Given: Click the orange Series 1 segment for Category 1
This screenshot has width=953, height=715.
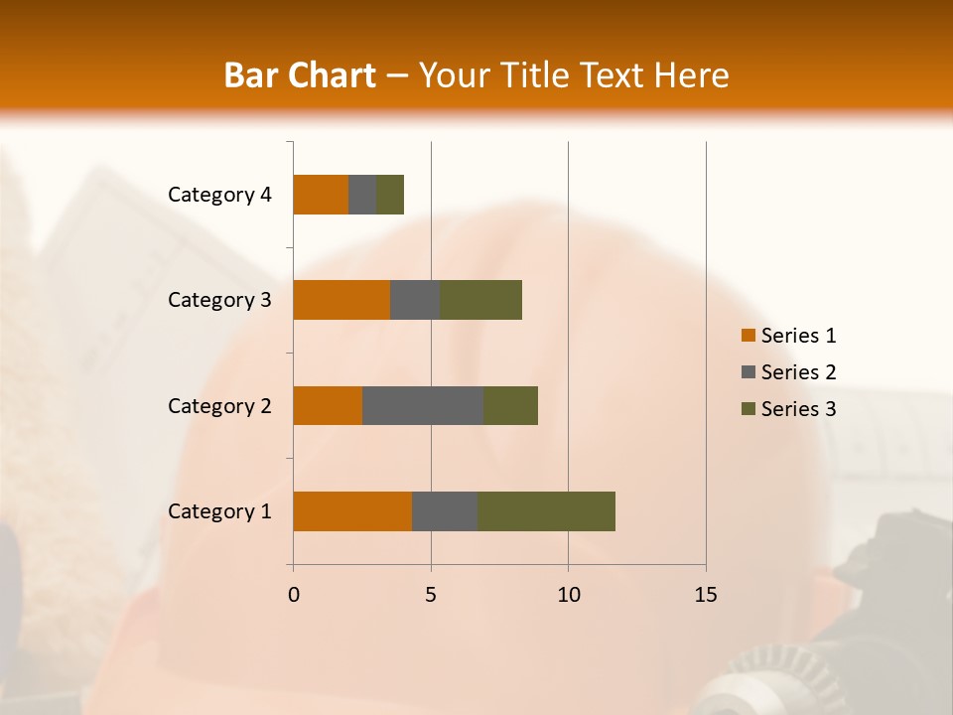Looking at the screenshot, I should point(352,511).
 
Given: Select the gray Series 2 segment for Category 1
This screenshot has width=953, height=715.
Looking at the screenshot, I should point(445,511).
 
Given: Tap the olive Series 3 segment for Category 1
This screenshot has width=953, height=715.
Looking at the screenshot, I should point(546,511).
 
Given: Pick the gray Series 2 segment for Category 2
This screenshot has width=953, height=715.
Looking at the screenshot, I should point(423,405).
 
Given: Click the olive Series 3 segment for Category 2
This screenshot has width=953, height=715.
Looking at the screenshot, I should point(510,405).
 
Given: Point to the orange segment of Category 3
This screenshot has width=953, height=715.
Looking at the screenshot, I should point(341,300).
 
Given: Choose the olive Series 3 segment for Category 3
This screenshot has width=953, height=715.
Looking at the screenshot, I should point(480,300).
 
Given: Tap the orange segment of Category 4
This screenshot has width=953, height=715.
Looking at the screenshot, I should point(321,195).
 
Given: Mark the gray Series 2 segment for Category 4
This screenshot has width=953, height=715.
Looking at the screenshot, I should point(362,195).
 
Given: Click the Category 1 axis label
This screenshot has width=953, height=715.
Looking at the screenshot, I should point(219,511).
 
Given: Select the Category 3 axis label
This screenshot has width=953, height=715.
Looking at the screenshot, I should point(219,300).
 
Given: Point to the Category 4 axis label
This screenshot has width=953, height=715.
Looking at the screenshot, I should point(219,195).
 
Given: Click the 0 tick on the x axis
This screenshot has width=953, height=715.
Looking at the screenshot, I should point(294,595).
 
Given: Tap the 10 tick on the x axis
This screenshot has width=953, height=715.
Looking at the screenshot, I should point(568,595).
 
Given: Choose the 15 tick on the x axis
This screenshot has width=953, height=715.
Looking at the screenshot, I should point(706,595).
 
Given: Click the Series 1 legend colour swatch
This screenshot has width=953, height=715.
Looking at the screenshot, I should point(748,336).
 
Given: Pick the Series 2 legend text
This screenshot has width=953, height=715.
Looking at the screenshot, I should point(798,372).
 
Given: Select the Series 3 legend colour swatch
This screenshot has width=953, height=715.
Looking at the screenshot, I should point(748,409).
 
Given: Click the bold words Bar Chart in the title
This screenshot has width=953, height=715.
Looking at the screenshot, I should point(300,75).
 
